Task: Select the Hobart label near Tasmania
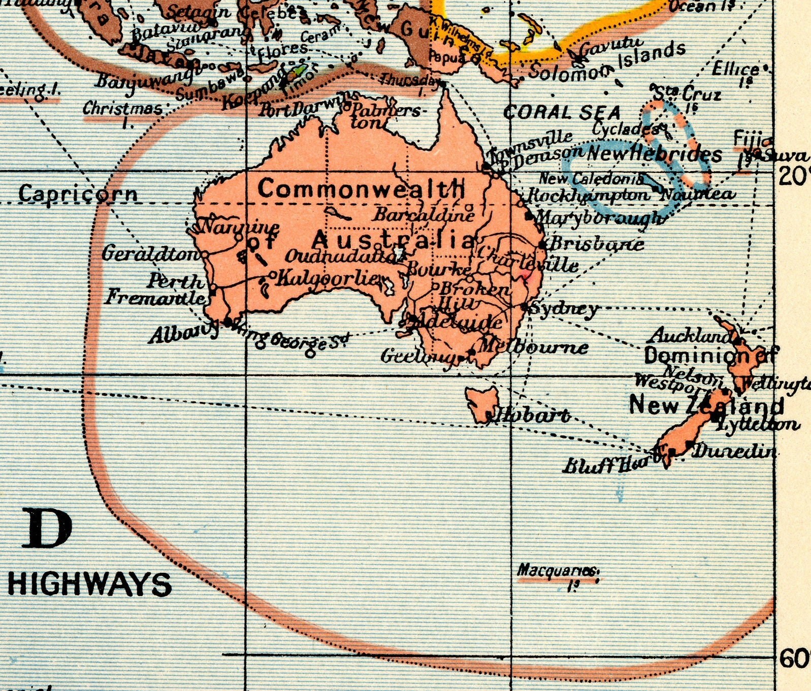(x=533, y=416)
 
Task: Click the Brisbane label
(x=597, y=244)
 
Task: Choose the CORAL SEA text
(x=562, y=113)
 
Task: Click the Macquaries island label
(x=558, y=571)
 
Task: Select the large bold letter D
(x=47, y=529)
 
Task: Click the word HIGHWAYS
(x=90, y=584)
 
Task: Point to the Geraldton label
(x=151, y=253)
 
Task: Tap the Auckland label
(x=691, y=335)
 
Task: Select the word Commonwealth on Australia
(x=361, y=189)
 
